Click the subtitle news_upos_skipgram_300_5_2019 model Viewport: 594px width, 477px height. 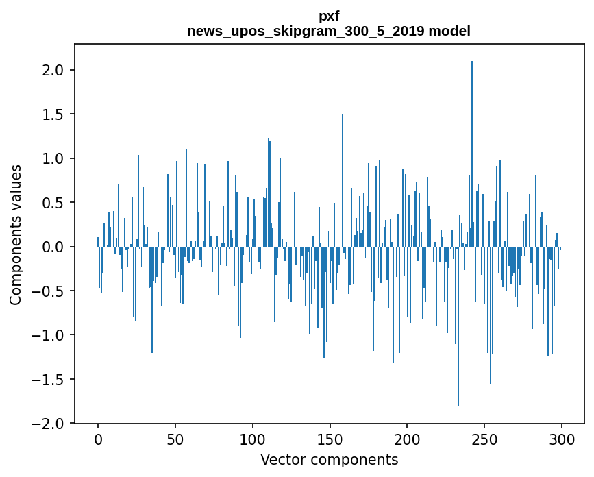tap(329, 31)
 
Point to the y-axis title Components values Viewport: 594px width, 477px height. tap(16, 234)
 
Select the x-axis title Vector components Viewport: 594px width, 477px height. tap(329, 460)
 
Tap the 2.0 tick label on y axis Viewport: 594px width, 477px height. tap(53, 71)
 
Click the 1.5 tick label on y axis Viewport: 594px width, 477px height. tap(53, 114)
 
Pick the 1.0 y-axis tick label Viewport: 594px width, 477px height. tap(53, 159)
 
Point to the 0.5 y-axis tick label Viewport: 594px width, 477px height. tap(53, 203)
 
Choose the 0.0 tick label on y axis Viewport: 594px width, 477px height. tap(53, 247)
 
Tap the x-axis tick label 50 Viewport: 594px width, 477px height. tap(175, 439)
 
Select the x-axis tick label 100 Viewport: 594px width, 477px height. tap(253, 439)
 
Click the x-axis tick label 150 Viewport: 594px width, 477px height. tap(330, 439)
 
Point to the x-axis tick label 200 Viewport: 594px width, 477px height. tap(408, 439)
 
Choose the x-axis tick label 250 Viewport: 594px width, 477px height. tap(484, 439)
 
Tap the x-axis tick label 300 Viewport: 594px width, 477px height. tap(562, 439)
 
